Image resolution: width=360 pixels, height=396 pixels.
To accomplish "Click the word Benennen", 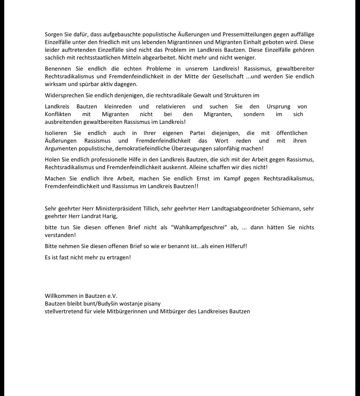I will (56, 69).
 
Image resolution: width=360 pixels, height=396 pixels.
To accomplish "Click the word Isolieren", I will (56, 133).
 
